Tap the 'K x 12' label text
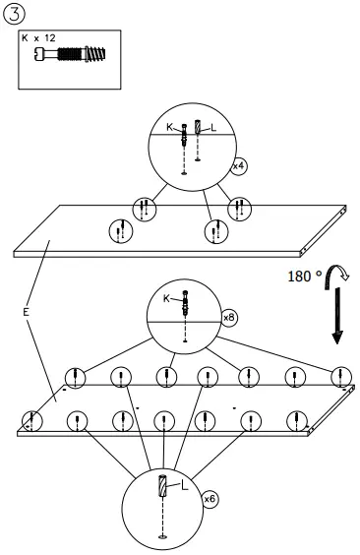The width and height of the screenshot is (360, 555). click(x=39, y=37)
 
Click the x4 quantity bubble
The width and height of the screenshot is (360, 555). click(x=238, y=167)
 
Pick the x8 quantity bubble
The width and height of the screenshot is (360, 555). click(x=229, y=318)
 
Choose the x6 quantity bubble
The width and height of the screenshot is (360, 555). click(x=210, y=501)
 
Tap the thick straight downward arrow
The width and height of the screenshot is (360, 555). click(x=337, y=320)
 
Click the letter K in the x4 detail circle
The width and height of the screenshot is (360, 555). click(x=169, y=127)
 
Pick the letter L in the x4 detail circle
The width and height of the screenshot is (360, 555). click(x=213, y=128)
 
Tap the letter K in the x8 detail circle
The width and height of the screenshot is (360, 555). click(x=166, y=297)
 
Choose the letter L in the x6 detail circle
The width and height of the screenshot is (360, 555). click(x=184, y=485)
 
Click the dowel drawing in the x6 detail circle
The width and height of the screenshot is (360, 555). click(x=163, y=486)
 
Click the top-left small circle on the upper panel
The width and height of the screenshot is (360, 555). click(x=144, y=208)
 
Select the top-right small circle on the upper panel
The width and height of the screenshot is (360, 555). click(x=236, y=208)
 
